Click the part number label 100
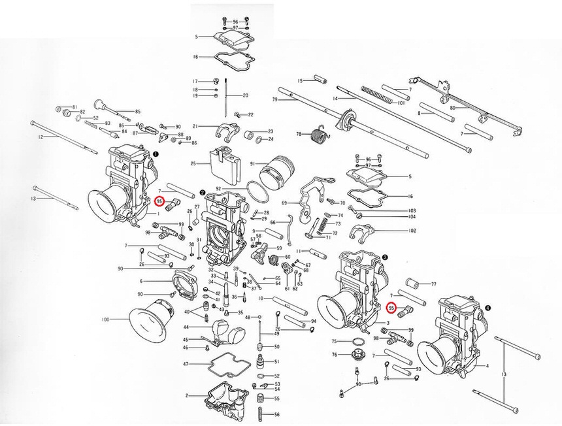tap(105, 320)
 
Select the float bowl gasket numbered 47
tap(229, 363)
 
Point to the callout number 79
tap(275, 99)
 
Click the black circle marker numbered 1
tap(156, 154)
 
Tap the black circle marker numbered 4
tap(488, 306)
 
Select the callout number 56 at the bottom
tap(276, 415)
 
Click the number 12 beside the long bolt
tap(41, 137)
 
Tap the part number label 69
tap(284, 203)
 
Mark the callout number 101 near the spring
tap(401, 103)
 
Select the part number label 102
tap(412, 231)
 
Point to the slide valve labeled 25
tap(223, 164)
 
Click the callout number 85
tap(138, 112)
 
